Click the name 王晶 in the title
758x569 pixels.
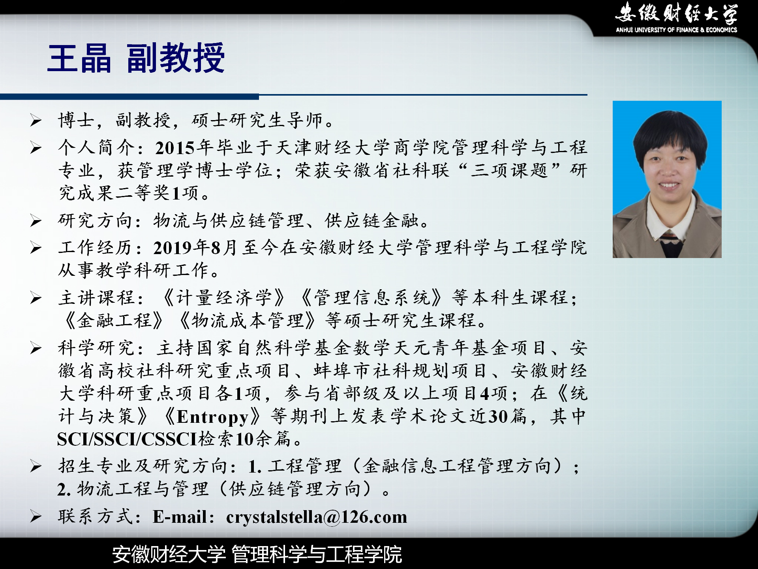click(x=79, y=58)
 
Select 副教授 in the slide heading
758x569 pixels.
click(x=176, y=58)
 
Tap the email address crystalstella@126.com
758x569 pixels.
click(x=317, y=517)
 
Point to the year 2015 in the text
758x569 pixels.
click(x=175, y=148)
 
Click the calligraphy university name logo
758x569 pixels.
click(x=676, y=13)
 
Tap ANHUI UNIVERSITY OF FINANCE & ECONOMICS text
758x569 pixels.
click(x=676, y=30)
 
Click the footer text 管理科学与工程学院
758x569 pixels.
click(x=317, y=554)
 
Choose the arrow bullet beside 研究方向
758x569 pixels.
click(x=36, y=220)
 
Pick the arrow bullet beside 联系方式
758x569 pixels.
click(x=36, y=516)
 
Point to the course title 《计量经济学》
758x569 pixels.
click(x=224, y=298)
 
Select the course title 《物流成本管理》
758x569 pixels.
click(x=247, y=320)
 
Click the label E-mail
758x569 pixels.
click(x=180, y=517)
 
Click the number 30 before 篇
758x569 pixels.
click(x=498, y=416)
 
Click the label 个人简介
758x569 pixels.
click(x=97, y=148)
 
